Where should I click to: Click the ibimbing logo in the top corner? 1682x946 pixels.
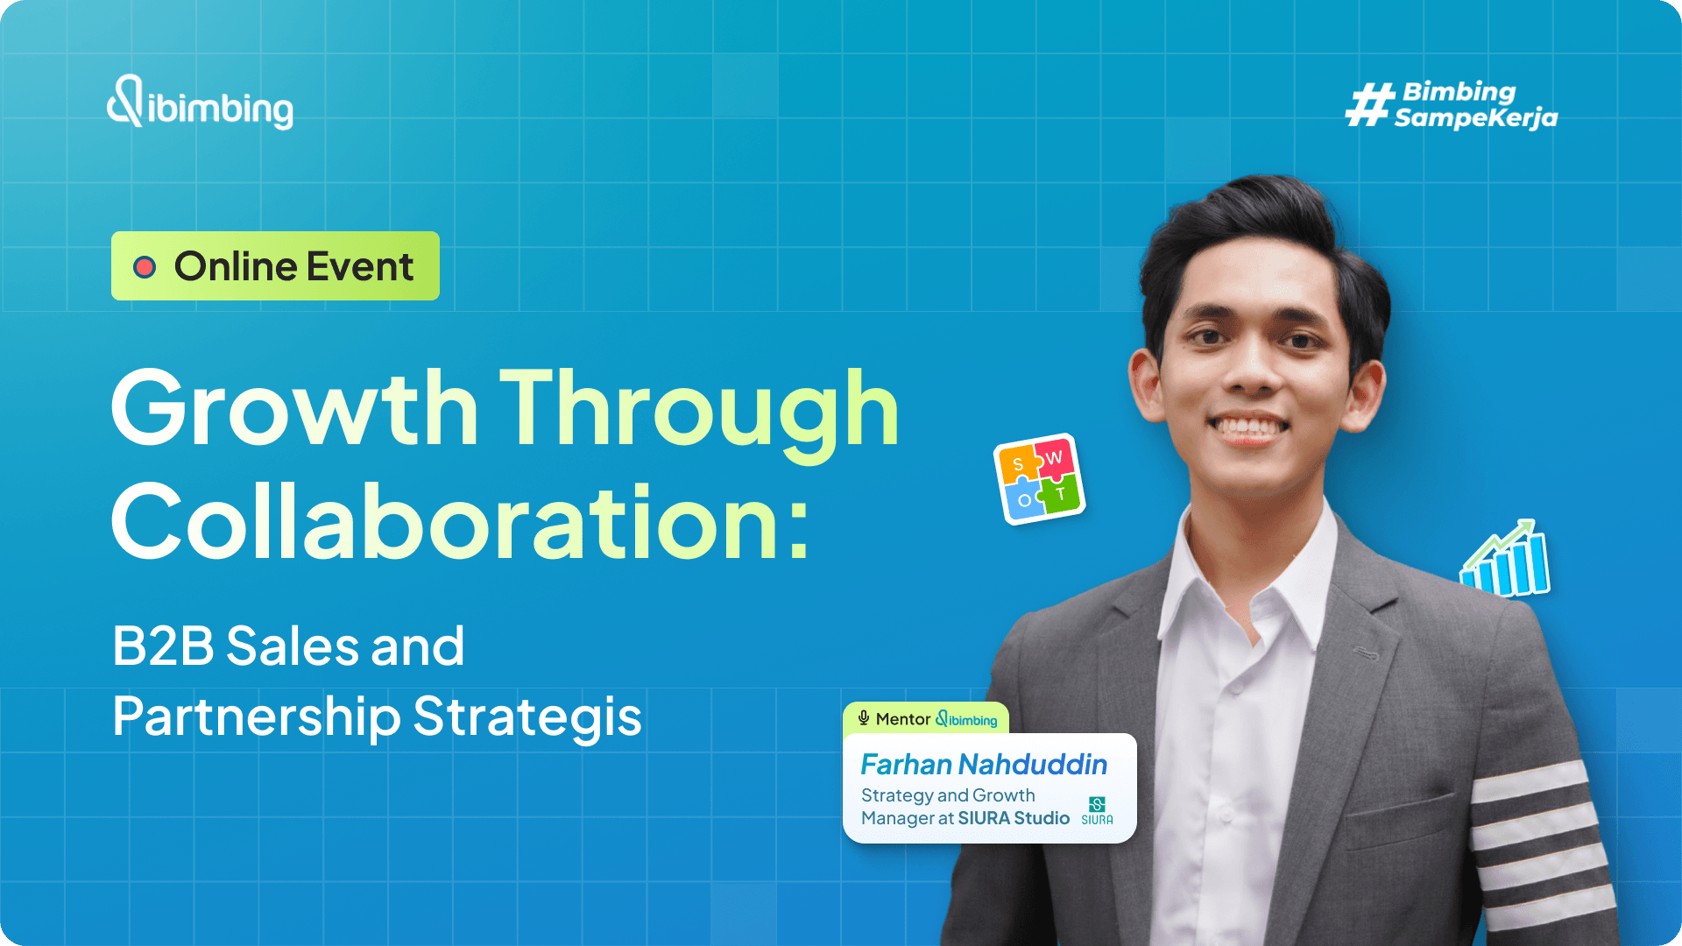(200, 103)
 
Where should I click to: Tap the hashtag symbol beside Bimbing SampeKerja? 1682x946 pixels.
(1369, 105)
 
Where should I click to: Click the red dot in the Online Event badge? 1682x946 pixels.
(145, 267)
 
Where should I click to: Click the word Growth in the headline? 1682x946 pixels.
(294, 408)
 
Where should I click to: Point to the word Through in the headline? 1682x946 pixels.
(699, 408)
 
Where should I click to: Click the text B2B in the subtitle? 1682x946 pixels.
(163, 646)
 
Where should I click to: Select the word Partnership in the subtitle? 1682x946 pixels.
(256, 717)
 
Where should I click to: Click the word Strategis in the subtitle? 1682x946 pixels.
(527, 717)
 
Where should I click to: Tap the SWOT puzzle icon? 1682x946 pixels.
(1039, 479)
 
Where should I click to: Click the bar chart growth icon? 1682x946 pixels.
(1505, 561)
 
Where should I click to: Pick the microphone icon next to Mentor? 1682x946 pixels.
(864, 718)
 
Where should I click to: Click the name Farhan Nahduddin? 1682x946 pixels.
(984, 765)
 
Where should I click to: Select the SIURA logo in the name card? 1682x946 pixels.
(1097, 810)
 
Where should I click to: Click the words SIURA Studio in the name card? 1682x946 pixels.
(1014, 818)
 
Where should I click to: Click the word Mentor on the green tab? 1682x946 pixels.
(902, 719)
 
